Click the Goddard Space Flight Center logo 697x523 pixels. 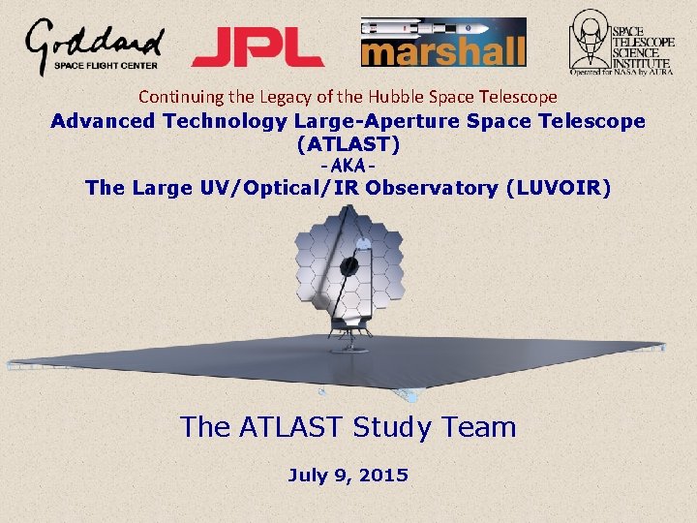(94, 46)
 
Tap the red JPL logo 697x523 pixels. (258, 46)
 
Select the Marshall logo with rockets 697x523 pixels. (443, 43)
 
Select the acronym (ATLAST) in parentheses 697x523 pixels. (348, 143)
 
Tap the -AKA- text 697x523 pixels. (348, 166)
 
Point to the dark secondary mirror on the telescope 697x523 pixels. (350, 264)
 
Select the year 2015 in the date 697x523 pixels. (384, 476)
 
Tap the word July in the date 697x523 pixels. (309, 476)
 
